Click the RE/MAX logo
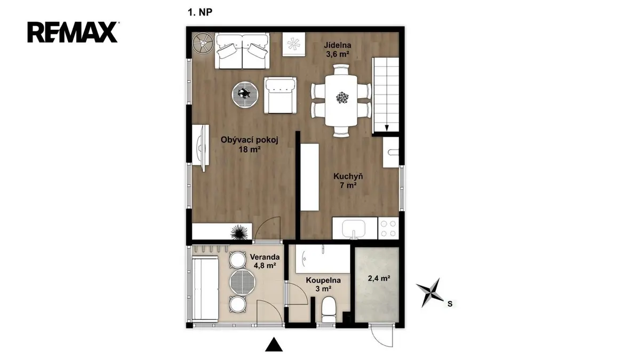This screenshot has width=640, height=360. (x=73, y=32)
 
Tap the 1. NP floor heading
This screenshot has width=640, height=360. (x=200, y=12)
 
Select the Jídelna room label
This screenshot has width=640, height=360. (x=338, y=45)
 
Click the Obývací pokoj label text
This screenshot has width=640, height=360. (x=250, y=140)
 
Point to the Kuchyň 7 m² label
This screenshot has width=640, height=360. (x=348, y=181)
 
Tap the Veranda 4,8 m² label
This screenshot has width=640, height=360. (x=265, y=261)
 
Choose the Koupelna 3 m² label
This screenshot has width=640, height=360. (x=323, y=284)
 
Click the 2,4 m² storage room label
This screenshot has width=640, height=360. (x=379, y=278)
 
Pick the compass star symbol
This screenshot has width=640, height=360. (x=430, y=293)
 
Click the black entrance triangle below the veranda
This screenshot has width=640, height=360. (x=274, y=345)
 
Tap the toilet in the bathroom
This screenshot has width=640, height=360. (x=329, y=310)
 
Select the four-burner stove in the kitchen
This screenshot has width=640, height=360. (x=388, y=228)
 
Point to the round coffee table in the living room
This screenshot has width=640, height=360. (x=245, y=94)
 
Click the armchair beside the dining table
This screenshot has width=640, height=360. (x=281, y=95)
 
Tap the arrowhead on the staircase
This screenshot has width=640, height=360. (x=387, y=127)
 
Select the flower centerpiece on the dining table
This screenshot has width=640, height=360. (x=342, y=98)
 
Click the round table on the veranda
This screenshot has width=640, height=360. (x=242, y=282)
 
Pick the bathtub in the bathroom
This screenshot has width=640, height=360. (x=323, y=258)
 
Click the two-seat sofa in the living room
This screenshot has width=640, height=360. (x=242, y=51)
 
